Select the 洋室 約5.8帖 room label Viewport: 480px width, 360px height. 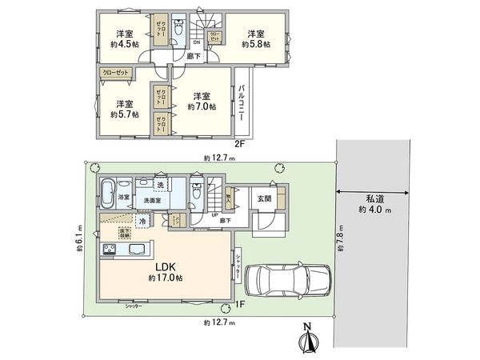(x=255, y=38)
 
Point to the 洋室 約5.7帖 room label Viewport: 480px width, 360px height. (x=122, y=110)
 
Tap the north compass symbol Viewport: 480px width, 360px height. (x=308, y=340)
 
